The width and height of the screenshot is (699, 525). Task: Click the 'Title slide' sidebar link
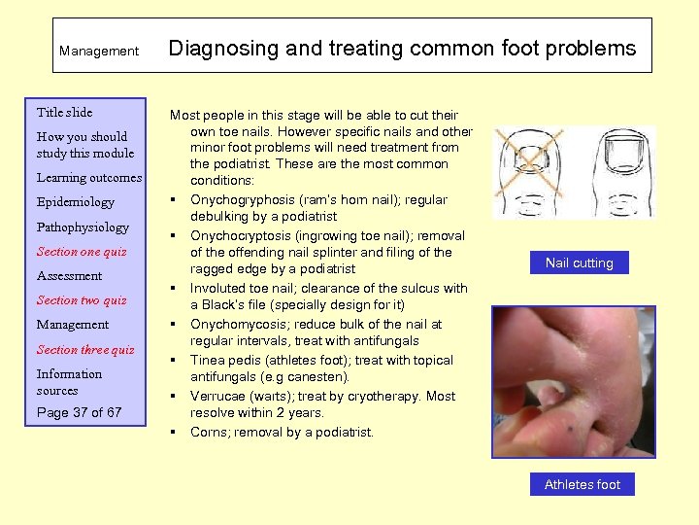click(64, 112)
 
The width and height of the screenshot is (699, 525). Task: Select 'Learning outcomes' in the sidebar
click(88, 178)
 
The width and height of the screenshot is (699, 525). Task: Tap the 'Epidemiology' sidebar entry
click(75, 202)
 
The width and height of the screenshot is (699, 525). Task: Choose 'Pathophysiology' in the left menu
click(83, 227)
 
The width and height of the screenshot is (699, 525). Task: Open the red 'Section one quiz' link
click(82, 252)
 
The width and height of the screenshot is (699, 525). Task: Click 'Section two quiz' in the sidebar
click(82, 300)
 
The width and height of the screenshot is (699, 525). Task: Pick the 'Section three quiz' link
click(85, 350)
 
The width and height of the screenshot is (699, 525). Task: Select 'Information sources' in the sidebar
click(69, 382)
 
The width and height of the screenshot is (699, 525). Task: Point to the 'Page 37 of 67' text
click(80, 412)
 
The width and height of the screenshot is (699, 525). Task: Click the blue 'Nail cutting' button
click(579, 262)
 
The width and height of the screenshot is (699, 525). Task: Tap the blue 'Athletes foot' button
click(582, 484)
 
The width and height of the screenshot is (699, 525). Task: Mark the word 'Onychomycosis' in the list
click(236, 324)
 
